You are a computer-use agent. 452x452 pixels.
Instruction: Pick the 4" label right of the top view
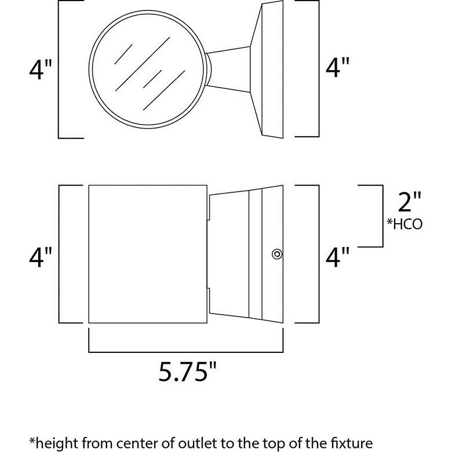(338, 70)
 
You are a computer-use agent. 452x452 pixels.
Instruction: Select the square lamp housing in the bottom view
(147, 255)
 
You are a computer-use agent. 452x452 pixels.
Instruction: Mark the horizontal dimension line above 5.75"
(185, 351)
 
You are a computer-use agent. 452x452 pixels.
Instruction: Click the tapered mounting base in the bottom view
(246, 255)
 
